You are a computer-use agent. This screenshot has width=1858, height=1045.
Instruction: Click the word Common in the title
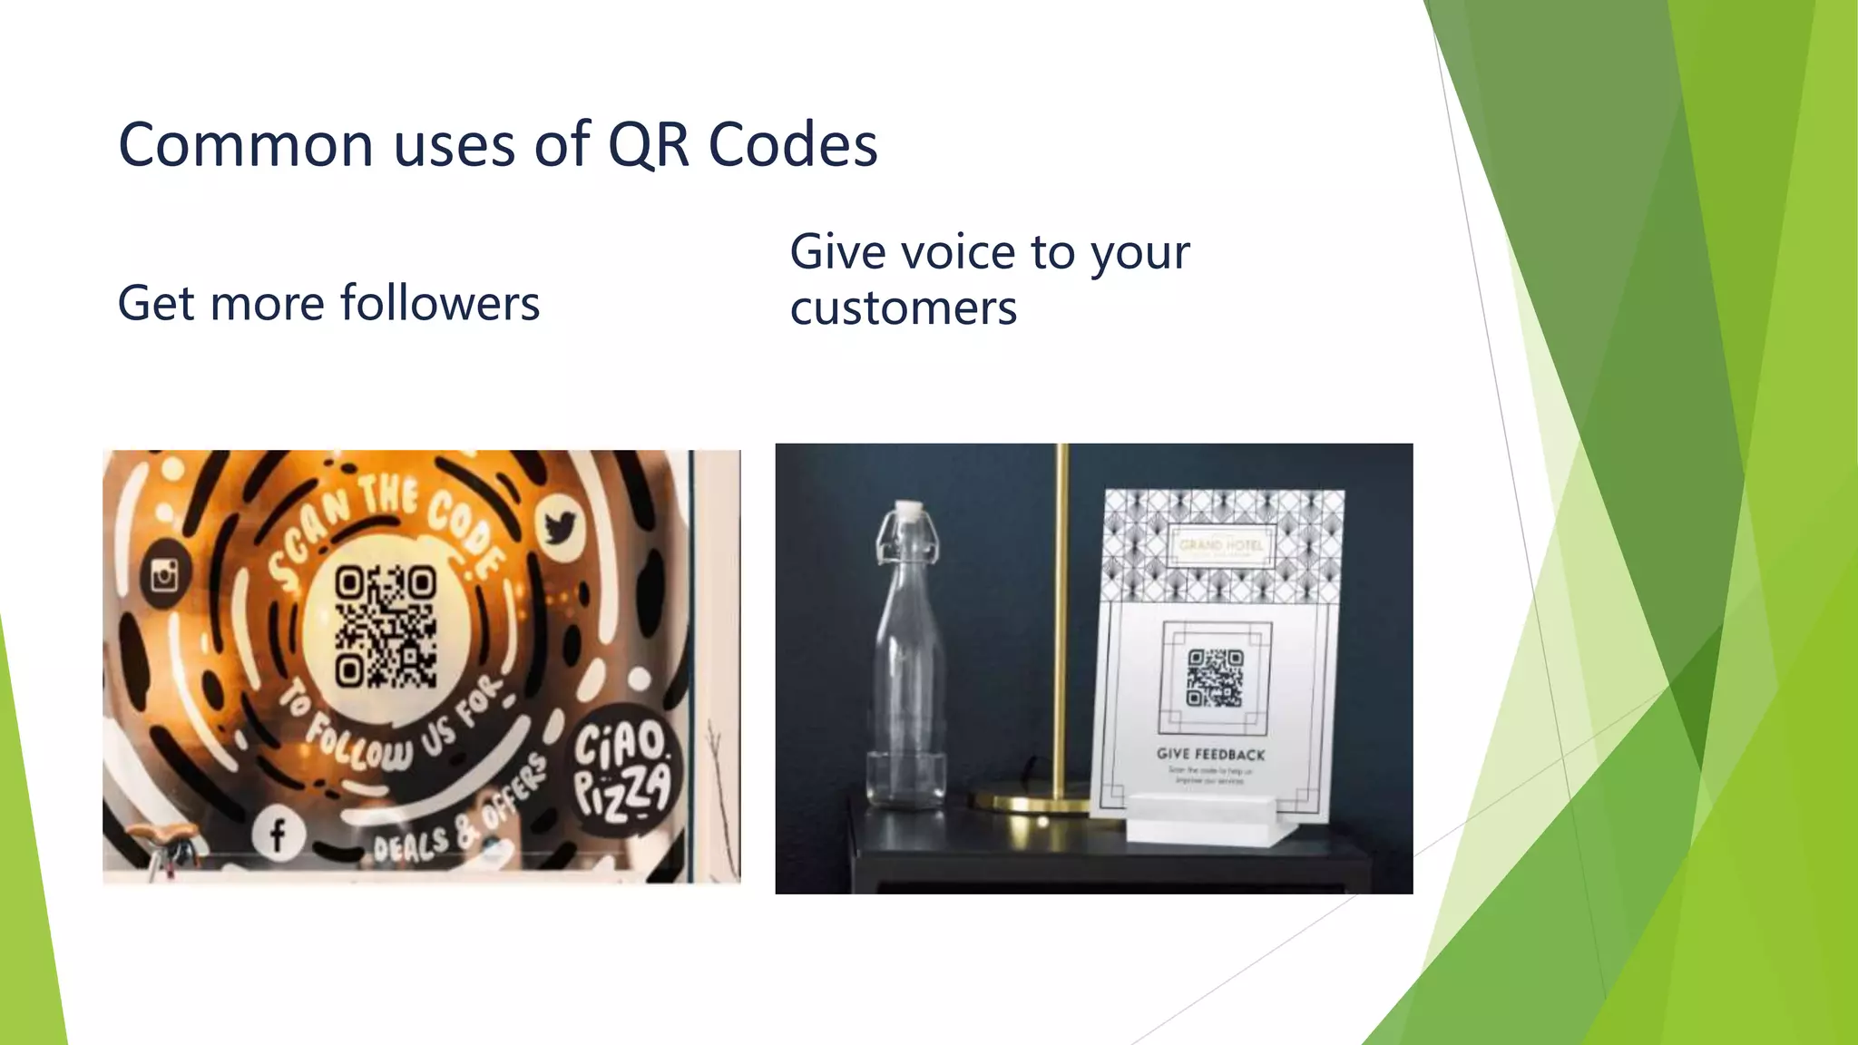[246, 145]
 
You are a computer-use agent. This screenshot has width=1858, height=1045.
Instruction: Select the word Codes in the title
[792, 145]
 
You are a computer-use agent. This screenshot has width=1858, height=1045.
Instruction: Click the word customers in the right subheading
[903, 308]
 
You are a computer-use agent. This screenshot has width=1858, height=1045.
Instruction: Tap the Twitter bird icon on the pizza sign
[559, 526]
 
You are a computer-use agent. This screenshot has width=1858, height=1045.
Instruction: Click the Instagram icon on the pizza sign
[164, 574]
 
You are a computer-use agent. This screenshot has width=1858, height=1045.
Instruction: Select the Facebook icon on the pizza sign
[277, 834]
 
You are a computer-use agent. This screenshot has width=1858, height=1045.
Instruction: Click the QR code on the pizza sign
[386, 626]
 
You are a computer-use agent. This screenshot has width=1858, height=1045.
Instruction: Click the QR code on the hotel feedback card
[1215, 678]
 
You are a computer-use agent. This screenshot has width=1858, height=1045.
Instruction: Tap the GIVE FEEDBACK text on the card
[1210, 754]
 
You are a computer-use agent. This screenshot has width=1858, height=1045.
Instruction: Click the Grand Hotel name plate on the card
[1220, 546]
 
